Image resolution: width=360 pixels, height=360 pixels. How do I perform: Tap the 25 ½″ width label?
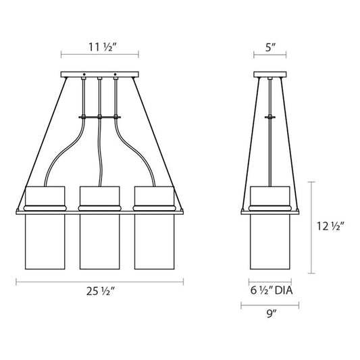(x=100, y=291)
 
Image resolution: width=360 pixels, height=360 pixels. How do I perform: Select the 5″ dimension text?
(x=270, y=47)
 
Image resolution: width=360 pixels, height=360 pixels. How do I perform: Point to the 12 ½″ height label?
(x=330, y=226)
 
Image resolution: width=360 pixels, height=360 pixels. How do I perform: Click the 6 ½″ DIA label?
(x=272, y=290)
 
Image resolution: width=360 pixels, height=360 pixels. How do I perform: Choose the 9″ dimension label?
(x=271, y=313)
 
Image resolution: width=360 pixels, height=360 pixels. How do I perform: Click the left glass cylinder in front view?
(x=45, y=242)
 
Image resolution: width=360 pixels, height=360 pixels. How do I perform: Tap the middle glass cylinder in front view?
(x=100, y=242)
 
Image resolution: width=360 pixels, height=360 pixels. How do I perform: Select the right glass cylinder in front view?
(x=154, y=242)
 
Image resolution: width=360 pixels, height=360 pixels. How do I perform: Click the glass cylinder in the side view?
(x=270, y=242)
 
